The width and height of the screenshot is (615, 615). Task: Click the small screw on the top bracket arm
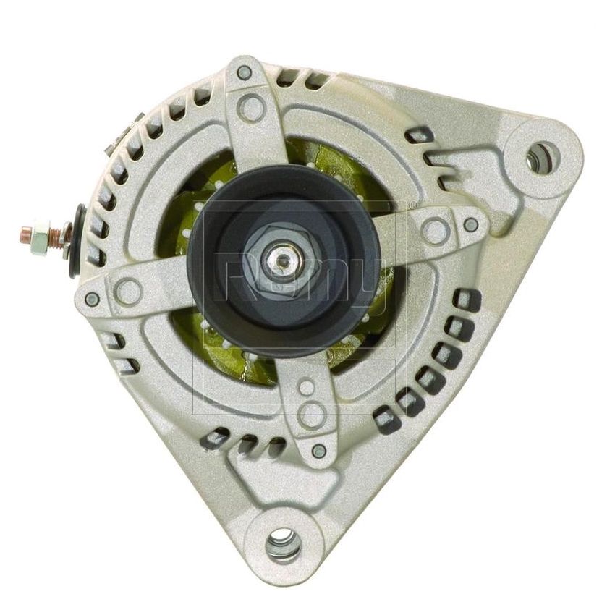click(x=244, y=72)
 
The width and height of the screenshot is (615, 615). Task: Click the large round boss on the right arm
click(x=435, y=231)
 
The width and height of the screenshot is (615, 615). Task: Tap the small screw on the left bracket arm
click(x=92, y=298)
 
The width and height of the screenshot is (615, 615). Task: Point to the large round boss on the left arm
click(x=129, y=291)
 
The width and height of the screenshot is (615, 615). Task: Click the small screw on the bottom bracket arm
click(x=318, y=452)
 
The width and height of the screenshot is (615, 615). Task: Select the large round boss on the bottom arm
click(x=311, y=414)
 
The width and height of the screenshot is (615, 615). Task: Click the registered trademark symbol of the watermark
click(x=411, y=205)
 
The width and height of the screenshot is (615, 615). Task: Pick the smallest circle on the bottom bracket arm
click(x=307, y=388)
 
